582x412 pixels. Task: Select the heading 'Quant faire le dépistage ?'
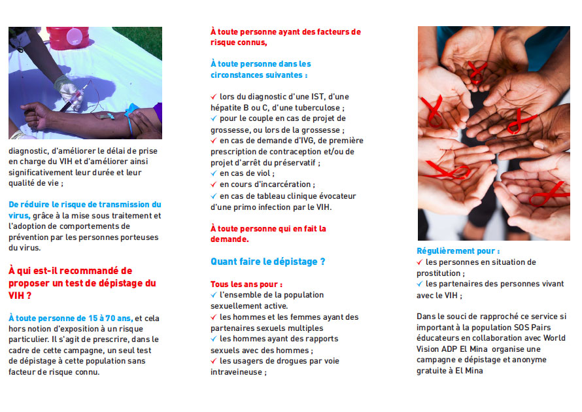coord(267,262)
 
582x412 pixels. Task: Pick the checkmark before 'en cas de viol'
coord(214,173)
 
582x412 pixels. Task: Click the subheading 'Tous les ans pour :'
coord(247,284)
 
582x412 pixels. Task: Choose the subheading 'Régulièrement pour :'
coord(458,251)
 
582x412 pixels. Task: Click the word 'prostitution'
coord(439,273)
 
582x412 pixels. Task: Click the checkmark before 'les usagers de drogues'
coord(214,361)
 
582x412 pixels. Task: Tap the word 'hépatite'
coord(228,107)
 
